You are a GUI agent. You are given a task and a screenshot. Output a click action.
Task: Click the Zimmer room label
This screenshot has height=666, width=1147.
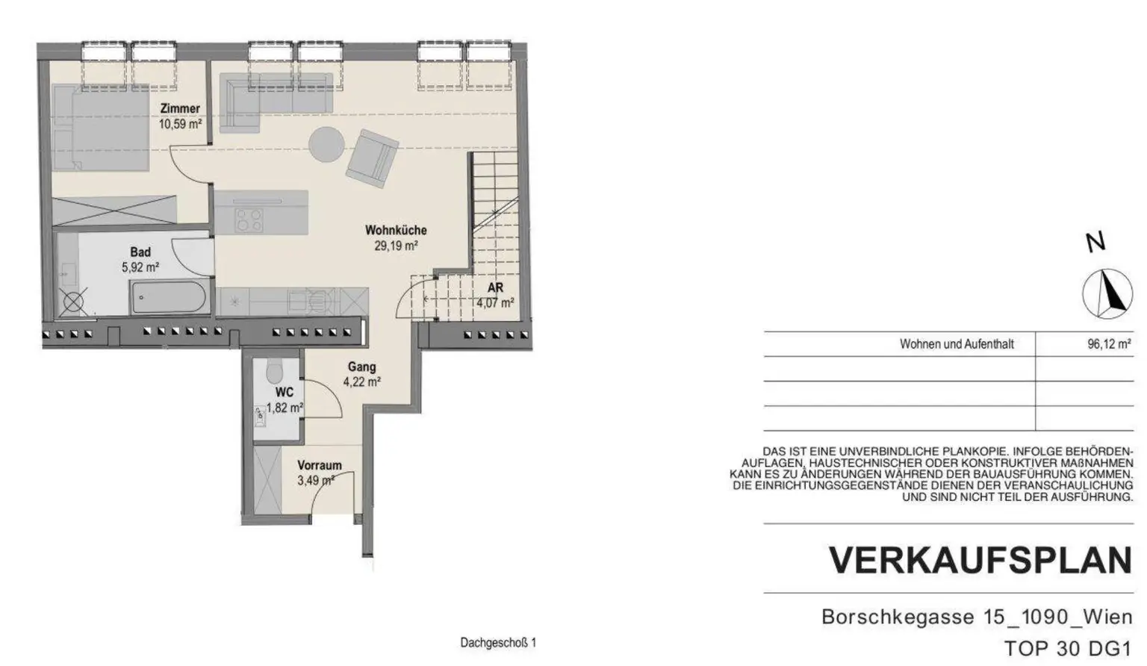pyautogui.click(x=180, y=109)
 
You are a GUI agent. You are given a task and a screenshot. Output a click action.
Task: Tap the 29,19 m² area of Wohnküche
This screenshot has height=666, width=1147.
pyautogui.click(x=395, y=245)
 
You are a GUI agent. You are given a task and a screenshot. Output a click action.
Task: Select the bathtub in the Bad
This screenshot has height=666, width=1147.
pyautogui.click(x=168, y=298)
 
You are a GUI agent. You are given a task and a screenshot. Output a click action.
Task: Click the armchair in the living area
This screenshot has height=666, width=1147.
pyautogui.click(x=371, y=159)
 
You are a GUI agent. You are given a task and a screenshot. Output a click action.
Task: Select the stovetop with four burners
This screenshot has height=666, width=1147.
pyautogui.click(x=249, y=219)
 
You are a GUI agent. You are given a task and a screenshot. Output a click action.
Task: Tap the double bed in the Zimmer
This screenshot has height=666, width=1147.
pyautogui.click(x=100, y=128)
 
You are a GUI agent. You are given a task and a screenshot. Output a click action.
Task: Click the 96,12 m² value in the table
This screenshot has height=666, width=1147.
pyautogui.click(x=1108, y=344)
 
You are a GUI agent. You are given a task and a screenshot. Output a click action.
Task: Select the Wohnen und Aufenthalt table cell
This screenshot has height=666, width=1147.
pyautogui.click(x=957, y=344)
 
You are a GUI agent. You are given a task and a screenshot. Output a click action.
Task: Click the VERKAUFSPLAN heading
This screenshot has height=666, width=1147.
pyautogui.click(x=980, y=560)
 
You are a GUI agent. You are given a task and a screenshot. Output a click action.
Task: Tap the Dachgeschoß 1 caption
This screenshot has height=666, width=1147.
pyautogui.click(x=498, y=642)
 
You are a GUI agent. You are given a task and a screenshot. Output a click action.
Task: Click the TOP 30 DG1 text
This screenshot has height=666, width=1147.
pyautogui.click(x=1068, y=648)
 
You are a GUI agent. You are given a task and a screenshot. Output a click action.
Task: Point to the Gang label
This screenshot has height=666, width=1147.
pyautogui.click(x=361, y=367)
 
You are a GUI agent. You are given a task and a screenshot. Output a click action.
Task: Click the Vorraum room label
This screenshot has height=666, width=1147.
pyautogui.click(x=319, y=465)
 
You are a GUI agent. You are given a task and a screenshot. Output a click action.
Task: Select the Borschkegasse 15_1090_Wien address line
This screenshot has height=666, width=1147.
pyautogui.click(x=976, y=617)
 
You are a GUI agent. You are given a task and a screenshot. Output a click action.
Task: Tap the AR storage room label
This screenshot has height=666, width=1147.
pyautogui.click(x=495, y=288)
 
